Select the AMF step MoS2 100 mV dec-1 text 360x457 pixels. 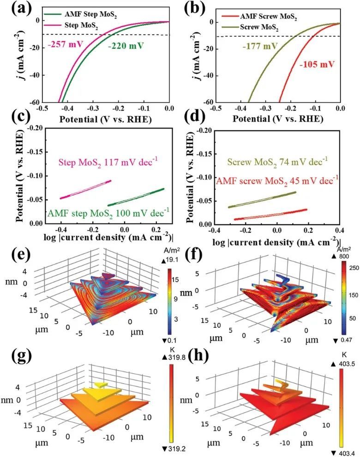coord(108,213)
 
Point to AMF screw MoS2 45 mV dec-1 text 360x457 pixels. coord(275,179)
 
